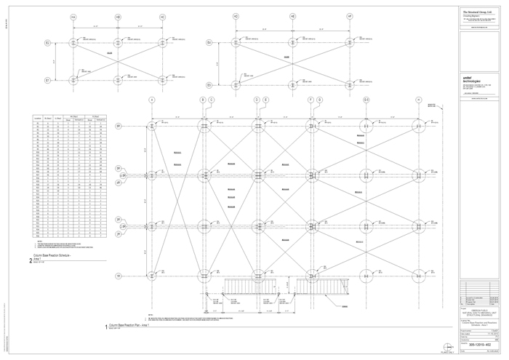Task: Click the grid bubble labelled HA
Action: (73, 17)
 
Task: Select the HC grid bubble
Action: (162, 17)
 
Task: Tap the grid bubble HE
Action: (292, 16)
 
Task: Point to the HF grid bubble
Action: (350, 16)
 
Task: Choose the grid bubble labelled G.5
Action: (366, 100)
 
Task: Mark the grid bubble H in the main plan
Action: (419, 100)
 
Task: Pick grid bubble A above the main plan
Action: (152, 100)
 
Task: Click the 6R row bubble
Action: (119, 126)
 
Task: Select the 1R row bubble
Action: (119, 276)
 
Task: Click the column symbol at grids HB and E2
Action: (118, 43)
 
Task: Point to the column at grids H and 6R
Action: (419, 126)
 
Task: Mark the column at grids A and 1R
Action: (152, 276)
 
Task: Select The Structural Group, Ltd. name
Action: (481, 12)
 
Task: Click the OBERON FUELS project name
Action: (481, 308)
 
